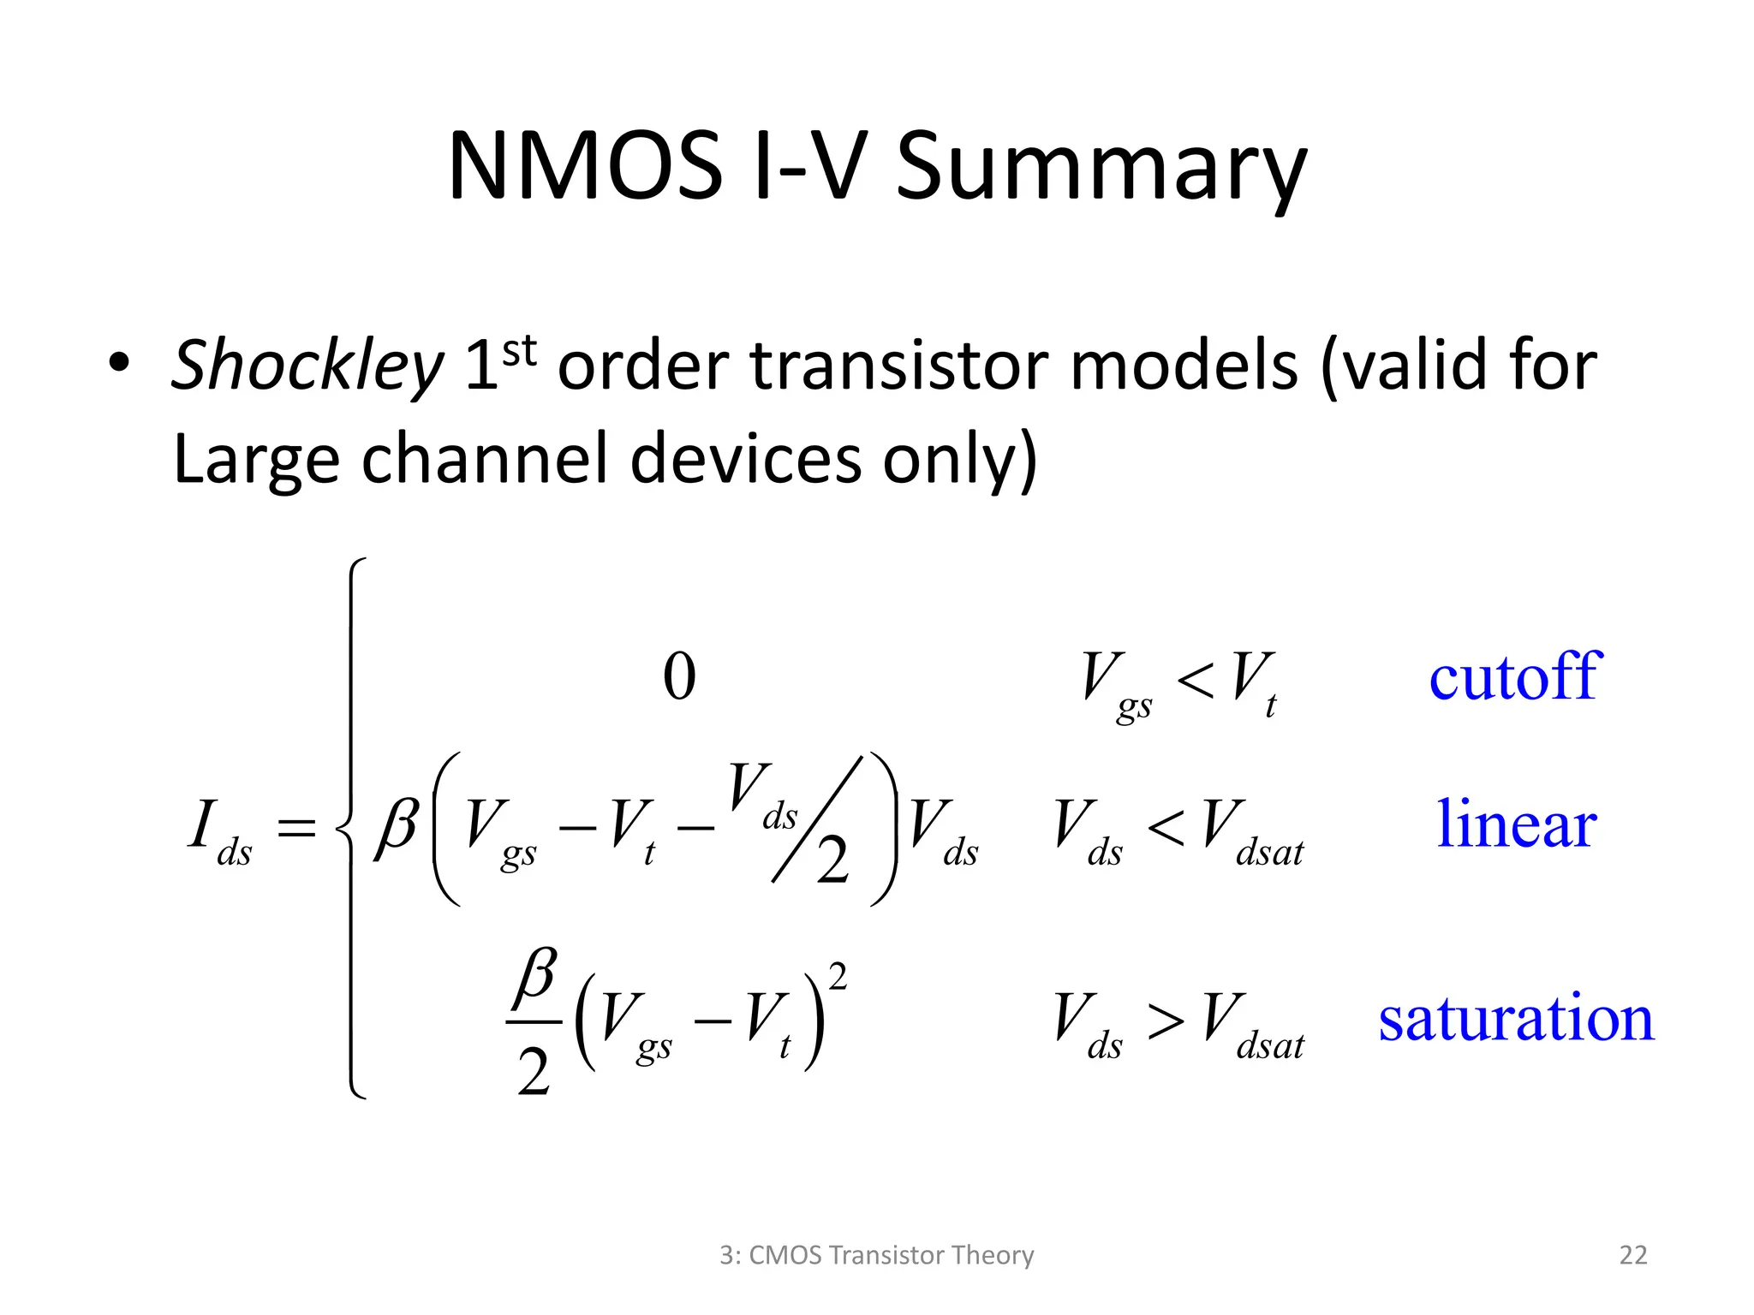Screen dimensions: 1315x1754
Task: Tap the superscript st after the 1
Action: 519,352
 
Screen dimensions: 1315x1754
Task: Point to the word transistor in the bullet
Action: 899,366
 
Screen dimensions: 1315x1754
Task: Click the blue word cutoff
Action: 1514,677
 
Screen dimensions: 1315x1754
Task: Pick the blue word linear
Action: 1516,824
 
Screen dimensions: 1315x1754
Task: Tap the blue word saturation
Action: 1516,1019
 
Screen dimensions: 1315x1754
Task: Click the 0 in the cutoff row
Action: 679,677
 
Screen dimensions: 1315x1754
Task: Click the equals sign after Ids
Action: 296,829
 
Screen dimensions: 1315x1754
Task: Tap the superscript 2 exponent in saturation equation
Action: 838,977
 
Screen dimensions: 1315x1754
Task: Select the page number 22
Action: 1632,1255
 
